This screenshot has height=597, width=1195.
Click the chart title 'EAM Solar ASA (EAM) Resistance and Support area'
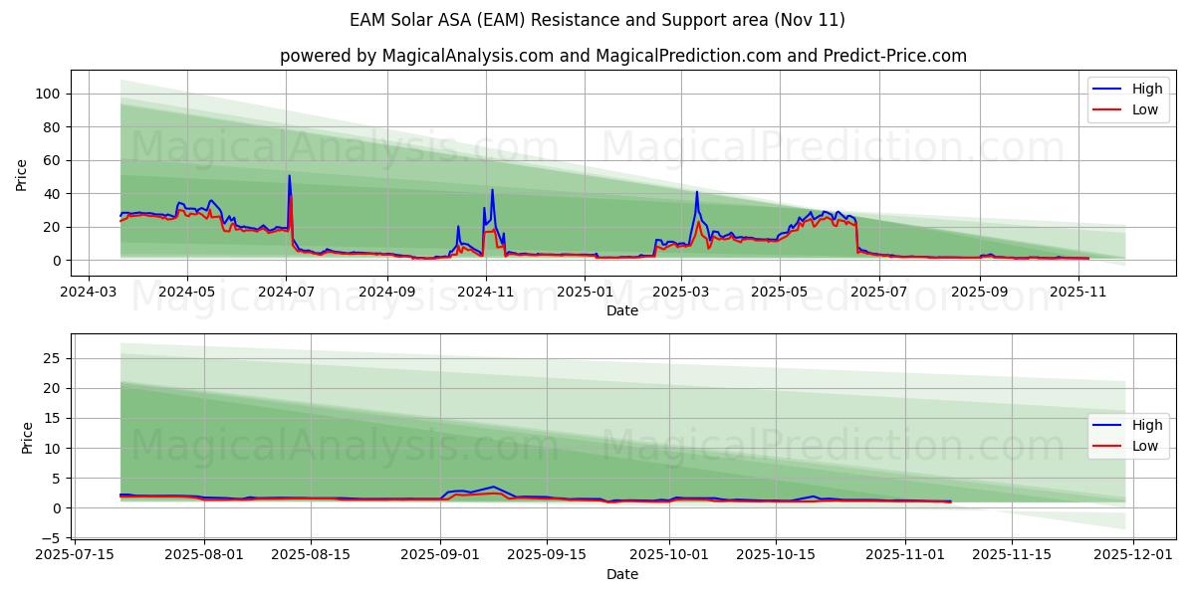coord(597,20)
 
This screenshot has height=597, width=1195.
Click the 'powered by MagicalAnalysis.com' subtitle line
coord(622,56)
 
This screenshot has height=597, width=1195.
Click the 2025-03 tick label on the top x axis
coord(681,292)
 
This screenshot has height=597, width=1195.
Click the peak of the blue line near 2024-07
coord(290,176)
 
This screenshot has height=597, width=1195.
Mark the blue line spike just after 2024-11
coord(492,190)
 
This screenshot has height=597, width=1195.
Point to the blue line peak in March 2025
coord(697,192)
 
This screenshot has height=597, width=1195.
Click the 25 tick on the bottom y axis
coord(55,358)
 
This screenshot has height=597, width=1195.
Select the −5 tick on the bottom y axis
coord(52,538)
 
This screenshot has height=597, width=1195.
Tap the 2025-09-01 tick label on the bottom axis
coord(441,555)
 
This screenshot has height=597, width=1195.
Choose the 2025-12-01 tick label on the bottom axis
coord(1134,555)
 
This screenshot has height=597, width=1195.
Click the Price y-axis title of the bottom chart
coord(27,437)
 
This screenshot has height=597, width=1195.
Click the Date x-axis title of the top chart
coord(622,310)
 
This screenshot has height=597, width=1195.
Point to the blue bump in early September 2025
coord(493,487)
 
